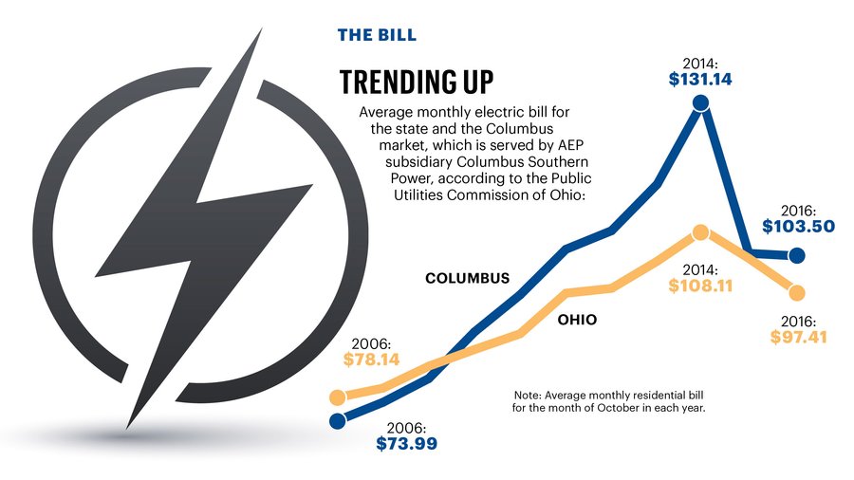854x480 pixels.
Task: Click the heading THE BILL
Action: tap(377, 36)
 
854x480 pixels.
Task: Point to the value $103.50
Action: tap(798, 228)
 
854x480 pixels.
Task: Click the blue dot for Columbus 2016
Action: tap(797, 254)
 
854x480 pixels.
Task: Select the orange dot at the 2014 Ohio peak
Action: tap(700, 232)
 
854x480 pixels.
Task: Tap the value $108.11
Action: tap(700, 285)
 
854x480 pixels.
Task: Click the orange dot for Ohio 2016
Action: tap(797, 291)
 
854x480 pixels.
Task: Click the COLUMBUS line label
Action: tap(467, 279)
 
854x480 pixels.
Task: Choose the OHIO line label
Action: tap(577, 321)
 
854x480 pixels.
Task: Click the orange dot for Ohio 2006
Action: tap(336, 397)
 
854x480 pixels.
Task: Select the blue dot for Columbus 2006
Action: tap(336, 420)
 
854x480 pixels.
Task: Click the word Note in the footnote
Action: tap(527, 394)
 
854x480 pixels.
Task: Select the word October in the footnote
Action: tap(619, 408)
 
